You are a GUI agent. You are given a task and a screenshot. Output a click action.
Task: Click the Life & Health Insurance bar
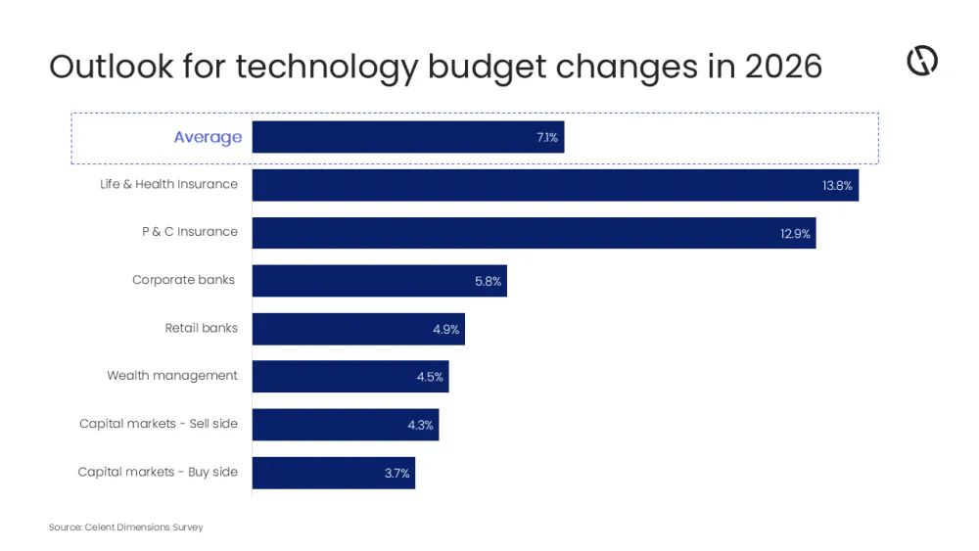[555, 185]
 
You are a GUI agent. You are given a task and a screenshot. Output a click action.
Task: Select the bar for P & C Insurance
[534, 233]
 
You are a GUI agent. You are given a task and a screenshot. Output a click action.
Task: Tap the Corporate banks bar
[379, 281]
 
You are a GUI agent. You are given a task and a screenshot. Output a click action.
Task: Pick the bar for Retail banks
[358, 329]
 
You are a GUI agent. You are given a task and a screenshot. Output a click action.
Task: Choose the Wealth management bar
[350, 377]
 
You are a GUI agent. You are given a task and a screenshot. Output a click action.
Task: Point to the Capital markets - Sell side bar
[346, 425]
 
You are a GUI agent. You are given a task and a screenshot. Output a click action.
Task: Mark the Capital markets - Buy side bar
[334, 473]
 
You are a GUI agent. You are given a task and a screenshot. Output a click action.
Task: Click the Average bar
[408, 137]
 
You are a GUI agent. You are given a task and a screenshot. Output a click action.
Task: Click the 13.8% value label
[837, 186]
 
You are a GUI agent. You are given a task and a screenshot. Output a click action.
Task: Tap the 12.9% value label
[795, 234]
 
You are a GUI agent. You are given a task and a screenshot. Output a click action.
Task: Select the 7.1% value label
[547, 138]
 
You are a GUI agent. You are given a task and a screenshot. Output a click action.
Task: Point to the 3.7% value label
[396, 474]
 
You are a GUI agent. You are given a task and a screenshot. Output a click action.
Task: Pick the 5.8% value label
[488, 282]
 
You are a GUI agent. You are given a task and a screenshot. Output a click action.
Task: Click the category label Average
[208, 137]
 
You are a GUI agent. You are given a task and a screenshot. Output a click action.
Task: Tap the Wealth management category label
[172, 376]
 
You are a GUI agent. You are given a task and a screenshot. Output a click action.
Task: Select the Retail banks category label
[201, 328]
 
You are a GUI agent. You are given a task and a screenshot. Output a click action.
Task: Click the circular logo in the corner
[922, 61]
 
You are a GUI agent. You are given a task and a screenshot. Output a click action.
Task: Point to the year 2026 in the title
[783, 67]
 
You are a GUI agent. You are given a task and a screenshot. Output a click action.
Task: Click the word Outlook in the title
[112, 67]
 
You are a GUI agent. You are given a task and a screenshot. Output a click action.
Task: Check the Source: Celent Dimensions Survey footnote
[126, 528]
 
